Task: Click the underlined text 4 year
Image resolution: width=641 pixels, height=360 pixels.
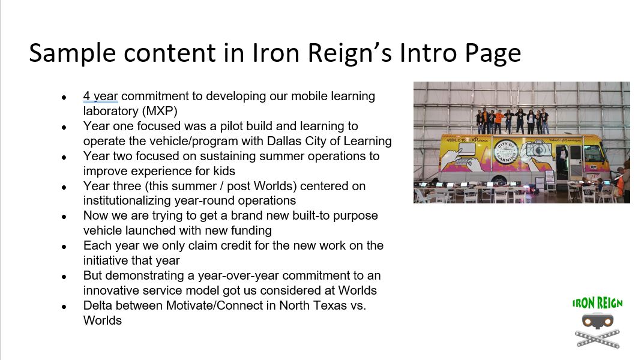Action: (x=101, y=97)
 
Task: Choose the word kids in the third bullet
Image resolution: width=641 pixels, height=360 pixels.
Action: (x=224, y=171)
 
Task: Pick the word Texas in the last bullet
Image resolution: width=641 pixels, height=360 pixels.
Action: (x=328, y=305)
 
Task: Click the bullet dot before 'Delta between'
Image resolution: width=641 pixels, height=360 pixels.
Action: (x=64, y=307)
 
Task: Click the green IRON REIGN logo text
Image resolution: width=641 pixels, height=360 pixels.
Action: (x=597, y=303)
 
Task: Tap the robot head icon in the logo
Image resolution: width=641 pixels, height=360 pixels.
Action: (x=598, y=321)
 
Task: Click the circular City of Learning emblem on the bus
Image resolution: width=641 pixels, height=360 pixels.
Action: (x=506, y=152)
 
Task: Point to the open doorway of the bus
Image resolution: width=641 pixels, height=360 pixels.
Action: (x=562, y=162)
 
